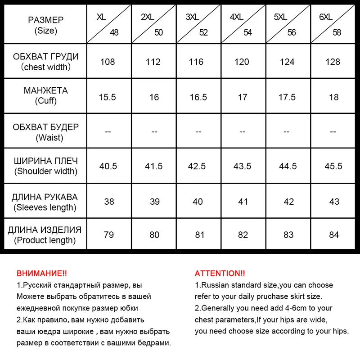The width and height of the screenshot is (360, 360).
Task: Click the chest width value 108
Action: pos(108,62)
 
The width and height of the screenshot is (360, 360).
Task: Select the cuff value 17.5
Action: pos(287,97)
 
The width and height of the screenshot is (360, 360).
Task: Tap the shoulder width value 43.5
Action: pos(243,166)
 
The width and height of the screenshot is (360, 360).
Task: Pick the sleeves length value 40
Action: pos(198,202)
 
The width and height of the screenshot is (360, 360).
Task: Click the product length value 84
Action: pos(334,234)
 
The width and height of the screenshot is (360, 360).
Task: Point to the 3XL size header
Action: pos(193,17)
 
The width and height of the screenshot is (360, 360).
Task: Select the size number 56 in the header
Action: pos(292,32)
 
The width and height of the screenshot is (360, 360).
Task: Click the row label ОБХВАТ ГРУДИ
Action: pos(46,57)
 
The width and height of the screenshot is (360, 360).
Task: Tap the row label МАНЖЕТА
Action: pos(46,90)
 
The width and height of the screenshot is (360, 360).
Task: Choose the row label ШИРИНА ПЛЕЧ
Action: pos(46,161)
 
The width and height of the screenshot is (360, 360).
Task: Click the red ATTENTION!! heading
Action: pos(220,273)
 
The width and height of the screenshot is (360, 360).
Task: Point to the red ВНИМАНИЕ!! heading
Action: pos(41,273)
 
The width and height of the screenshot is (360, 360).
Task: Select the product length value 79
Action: pos(109,234)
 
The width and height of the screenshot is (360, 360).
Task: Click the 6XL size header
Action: pos(325,17)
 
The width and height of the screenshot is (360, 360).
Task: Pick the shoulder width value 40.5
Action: pos(108,166)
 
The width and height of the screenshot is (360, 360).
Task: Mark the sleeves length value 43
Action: pos(334,202)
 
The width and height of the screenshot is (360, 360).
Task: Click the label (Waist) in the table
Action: pos(46,138)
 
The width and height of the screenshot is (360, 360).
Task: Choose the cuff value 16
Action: pos(154,97)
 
